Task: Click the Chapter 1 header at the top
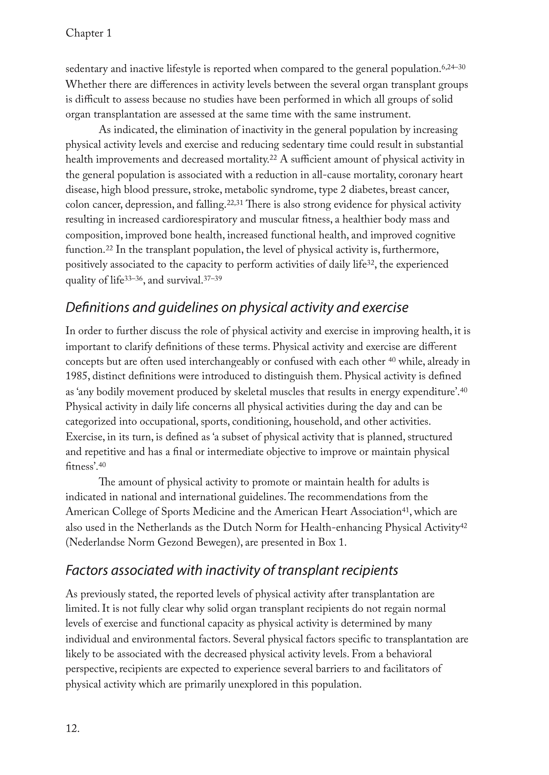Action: tap(89, 33)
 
